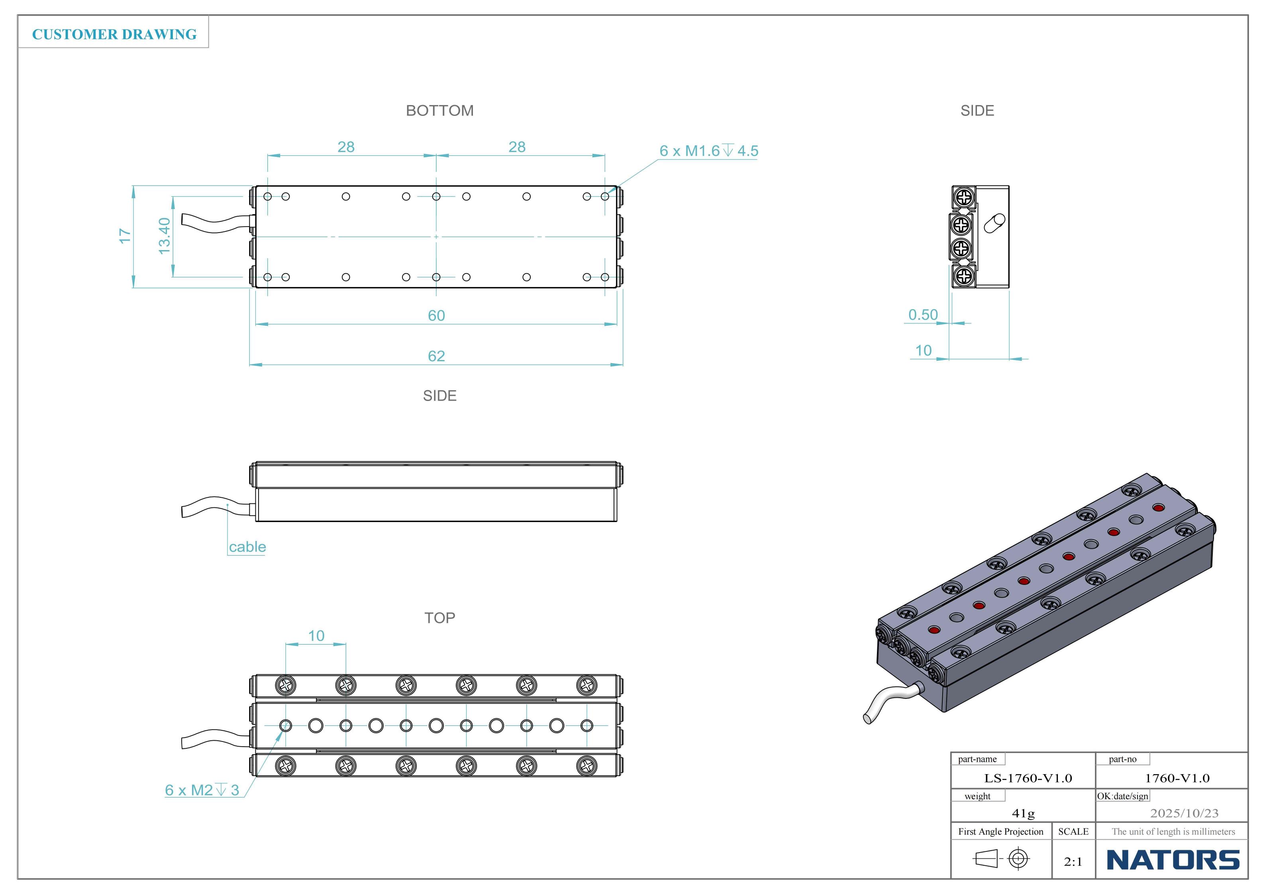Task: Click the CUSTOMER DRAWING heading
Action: tap(114, 34)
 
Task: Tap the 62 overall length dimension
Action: tap(436, 356)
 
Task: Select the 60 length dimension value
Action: tap(436, 316)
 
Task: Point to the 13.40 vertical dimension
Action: tap(164, 236)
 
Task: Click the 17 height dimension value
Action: tap(125, 236)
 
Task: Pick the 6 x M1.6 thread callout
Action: tap(708, 151)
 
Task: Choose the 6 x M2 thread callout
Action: tap(202, 790)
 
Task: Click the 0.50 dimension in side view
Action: tap(923, 315)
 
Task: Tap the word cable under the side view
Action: tap(247, 547)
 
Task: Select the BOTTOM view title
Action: tap(440, 111)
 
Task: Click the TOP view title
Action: tap(440, 618)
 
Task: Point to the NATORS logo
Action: tap(1173, 860)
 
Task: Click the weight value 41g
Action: tap(1023, 813)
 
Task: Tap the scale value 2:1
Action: tap(1073, 861)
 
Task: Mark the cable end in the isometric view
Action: tap(867, 718)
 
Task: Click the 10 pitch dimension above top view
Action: tap(316, 636)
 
